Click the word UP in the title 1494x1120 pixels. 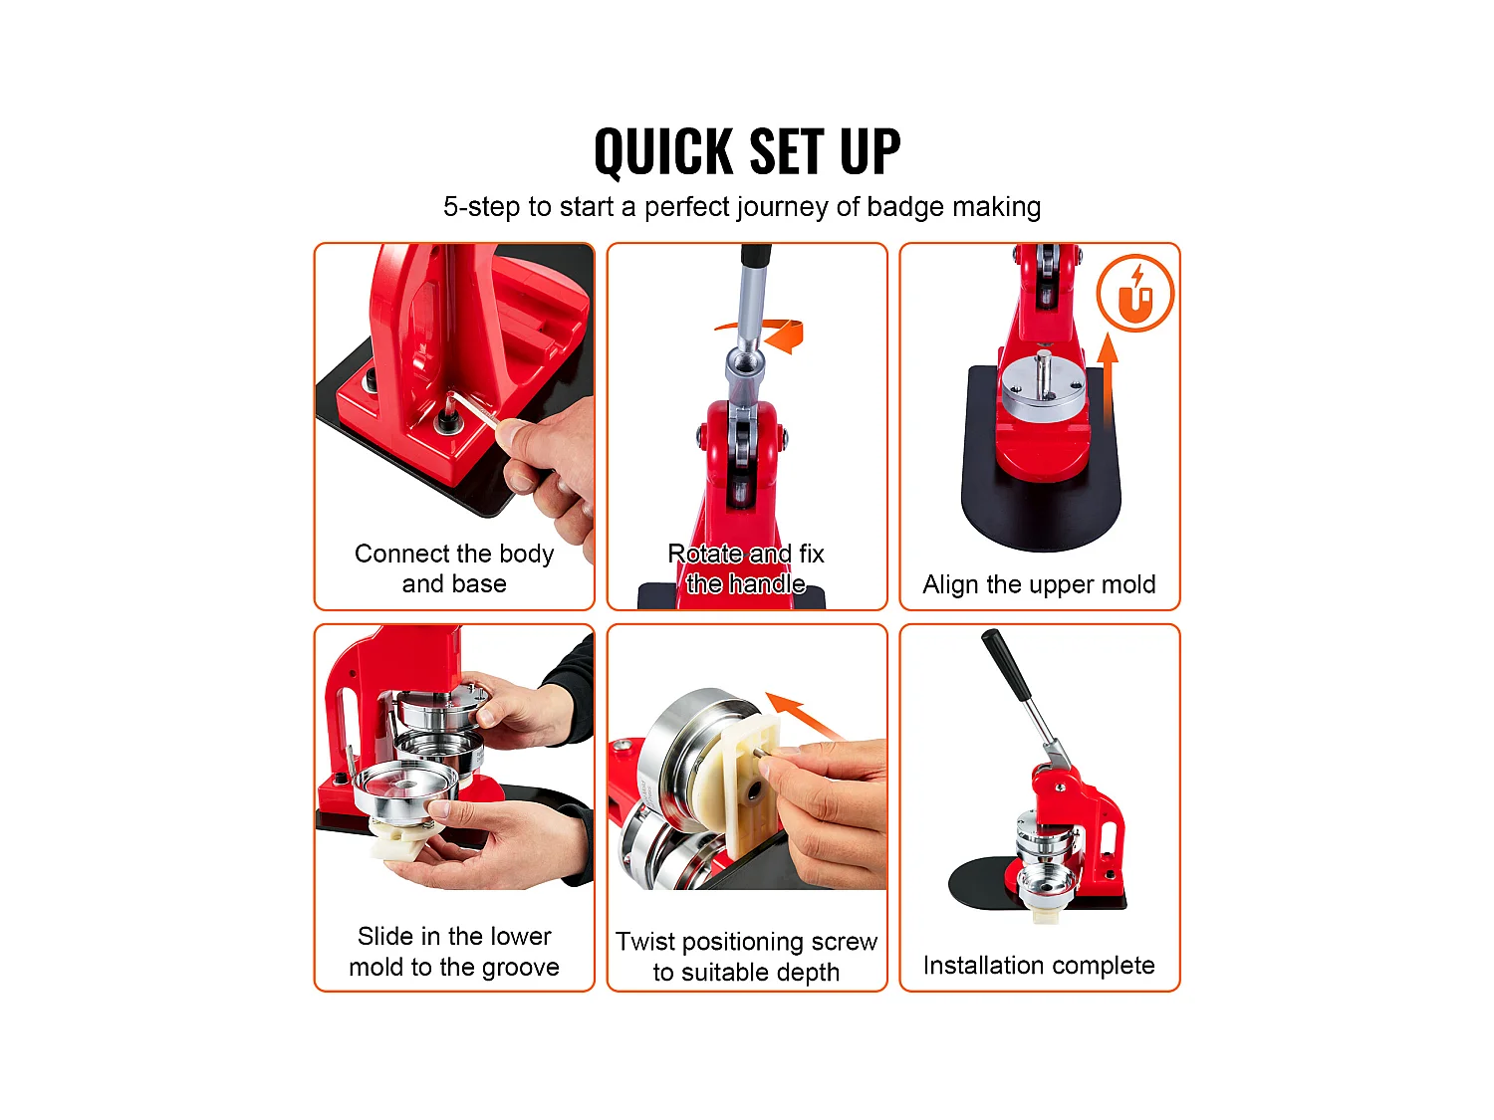pyautogui.click(x=870, y=151)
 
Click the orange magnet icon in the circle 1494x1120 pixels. pyautogui.click(x=1135, y=294)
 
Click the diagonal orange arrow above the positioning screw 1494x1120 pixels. pyautogui.click(x=803, y=715)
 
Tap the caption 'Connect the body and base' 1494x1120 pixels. pyautogui.click(x=454, y=568)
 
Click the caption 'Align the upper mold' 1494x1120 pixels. pyautogui.click(x=1039, y=584)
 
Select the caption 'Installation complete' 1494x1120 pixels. pyautogui.click(x=1039, y=966)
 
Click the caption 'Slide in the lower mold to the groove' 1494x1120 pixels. pyautogui.click(x=454, y=952)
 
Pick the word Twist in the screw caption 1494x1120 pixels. pyautogui.click(x=645, y=942)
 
